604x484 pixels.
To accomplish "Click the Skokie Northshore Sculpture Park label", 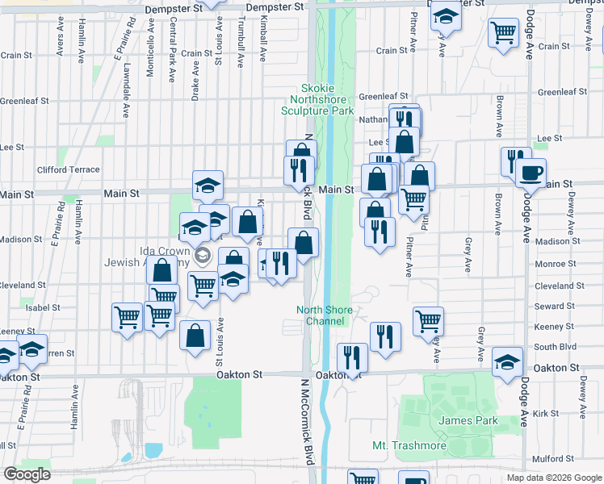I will tap(317, 99).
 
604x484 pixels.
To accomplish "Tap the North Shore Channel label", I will tap(325, 315).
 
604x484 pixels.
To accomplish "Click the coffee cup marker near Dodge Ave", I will tap(531, 173).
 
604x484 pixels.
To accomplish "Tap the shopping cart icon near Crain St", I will tap(504, 33).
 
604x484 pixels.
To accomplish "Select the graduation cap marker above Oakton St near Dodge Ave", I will tap(507, 362).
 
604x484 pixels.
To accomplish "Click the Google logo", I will tap(27, 474).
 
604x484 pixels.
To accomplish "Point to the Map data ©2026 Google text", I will tap(553, 478).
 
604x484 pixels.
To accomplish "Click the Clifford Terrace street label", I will tap(69, 170).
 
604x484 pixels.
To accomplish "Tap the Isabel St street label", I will tap(44, 308).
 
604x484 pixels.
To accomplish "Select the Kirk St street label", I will tap(546, 413).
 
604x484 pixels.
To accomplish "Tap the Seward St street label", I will tap(554, 307).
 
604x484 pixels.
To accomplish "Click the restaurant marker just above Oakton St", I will tap(352, 357).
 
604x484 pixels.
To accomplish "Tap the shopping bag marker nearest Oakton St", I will tap(195, 336).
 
